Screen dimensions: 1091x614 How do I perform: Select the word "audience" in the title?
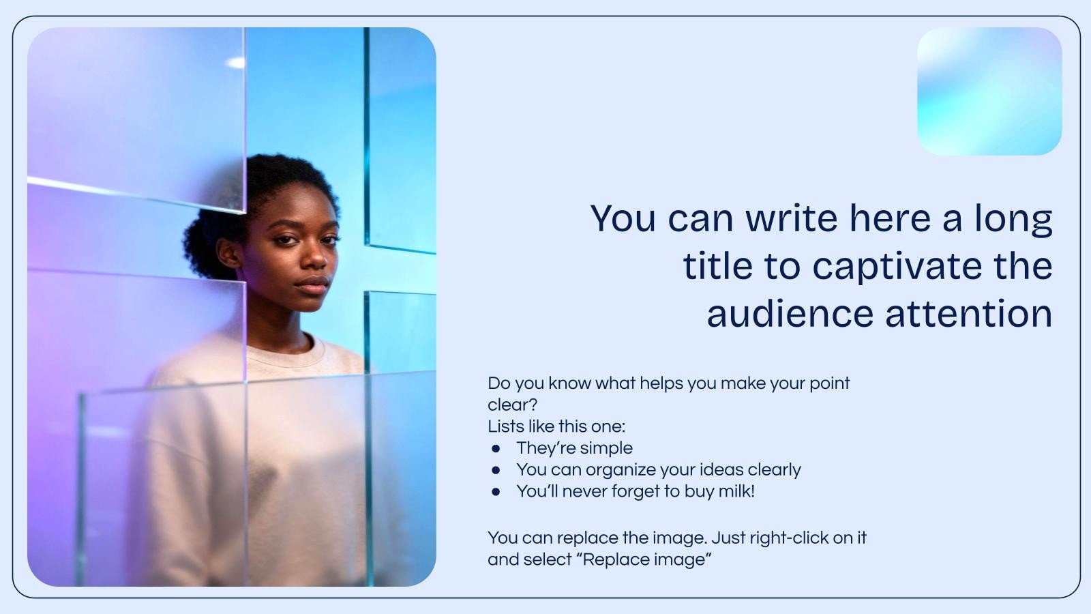[x=790, y=313]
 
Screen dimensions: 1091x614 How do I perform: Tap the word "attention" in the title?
[x=969, y=313]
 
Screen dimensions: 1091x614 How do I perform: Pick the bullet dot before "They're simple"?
[x=496, y=448]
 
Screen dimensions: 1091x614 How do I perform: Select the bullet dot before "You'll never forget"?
[x=496, y=492]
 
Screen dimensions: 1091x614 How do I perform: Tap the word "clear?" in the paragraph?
[x=512, y=405]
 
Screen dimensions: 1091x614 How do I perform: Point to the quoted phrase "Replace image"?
[x=647, y=560]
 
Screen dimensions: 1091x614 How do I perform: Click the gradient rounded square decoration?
[x=989, y=91]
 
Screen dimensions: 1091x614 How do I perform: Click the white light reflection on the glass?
[x=236, y=62]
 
